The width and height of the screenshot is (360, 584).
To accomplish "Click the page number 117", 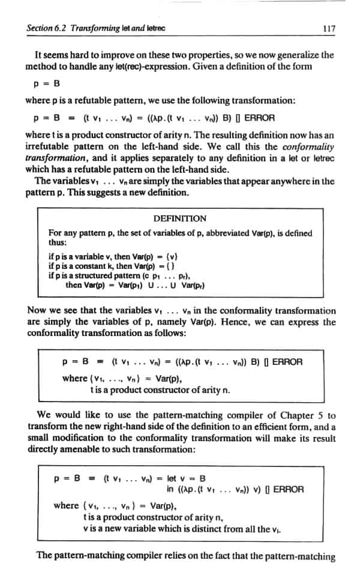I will pos(327,28).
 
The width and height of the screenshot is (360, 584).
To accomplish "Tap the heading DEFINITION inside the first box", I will pos(180,218).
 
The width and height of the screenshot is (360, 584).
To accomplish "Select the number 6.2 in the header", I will pos(61,28).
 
